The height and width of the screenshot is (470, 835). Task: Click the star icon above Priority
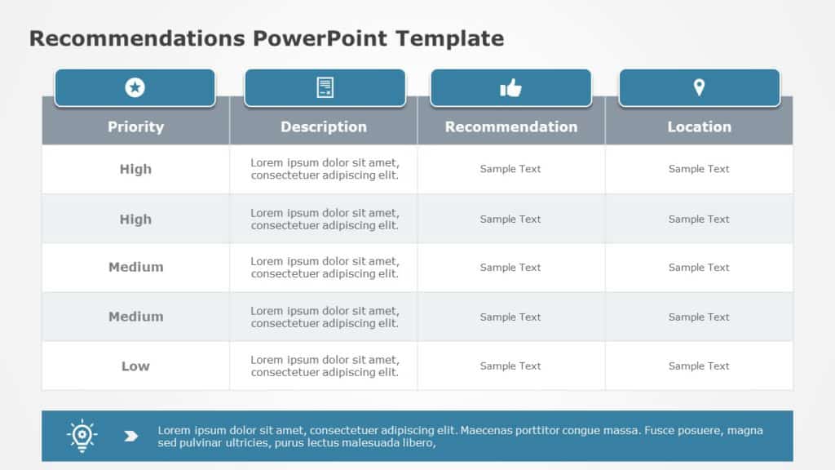[x=135, y=87]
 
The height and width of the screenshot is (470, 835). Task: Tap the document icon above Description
[x=325, y=87]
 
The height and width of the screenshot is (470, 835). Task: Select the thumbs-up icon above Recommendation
[x=510, y=87]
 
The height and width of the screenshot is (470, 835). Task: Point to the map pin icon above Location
[x=699, y=87]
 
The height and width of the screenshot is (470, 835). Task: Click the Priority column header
[x=135, y=126]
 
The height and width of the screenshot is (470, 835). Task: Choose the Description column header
[x=324, y=126]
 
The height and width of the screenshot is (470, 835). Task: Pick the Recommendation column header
[x=511, y=126]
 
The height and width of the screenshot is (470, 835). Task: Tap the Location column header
[x=699, y=126]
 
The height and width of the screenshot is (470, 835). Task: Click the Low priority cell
[x=135, y=366]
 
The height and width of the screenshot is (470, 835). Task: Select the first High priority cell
[x=135, y=169]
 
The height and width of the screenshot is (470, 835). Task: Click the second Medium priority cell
[x=135, y=317]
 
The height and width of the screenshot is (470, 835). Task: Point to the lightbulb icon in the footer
[x=82, y=436]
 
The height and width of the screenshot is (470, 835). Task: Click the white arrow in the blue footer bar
[x=130, y=436]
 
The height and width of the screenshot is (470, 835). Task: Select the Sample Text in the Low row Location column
[x=699, y=366]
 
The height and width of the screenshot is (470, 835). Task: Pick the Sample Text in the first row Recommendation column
[x=510, y=169]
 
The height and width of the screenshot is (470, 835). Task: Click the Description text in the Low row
[x=325, y=366]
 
